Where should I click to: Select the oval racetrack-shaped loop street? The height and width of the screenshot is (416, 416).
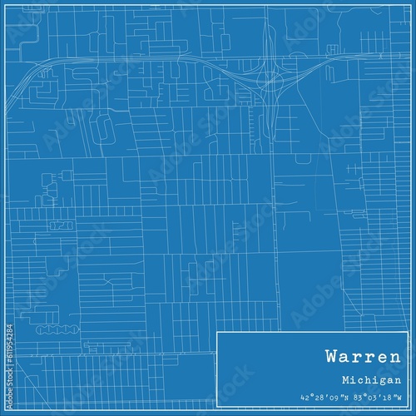[x=104, y=127]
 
